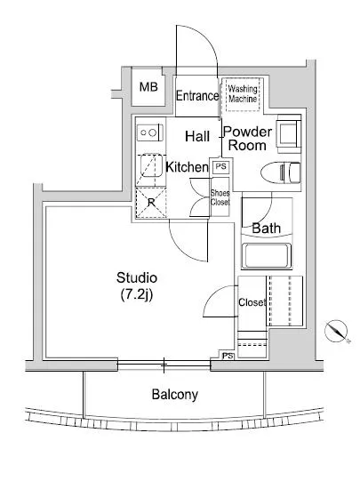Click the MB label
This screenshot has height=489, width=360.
pyautogui.click(x=148, y=87)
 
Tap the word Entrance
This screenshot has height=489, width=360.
pyautogui.click(x=197, y=96)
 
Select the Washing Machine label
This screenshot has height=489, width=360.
pyautogui.click(x=243, y=94)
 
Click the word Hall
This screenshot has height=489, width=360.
pyautogui.click(x=197, y=136)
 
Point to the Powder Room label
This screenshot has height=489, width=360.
pyautogui.click(x=247, y=139)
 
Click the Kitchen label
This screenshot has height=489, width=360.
pyautogui.click(x=187, y=167)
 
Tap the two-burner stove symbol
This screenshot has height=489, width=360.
pyautogui.click(x=150, y=132)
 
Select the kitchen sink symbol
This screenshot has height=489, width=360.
pyautogui.click(x=151, y=166)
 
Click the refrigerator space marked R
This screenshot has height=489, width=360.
pyautogui.click(x=151, y=203)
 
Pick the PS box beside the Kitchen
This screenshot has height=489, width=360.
pyautogui.click(x=221, y=167)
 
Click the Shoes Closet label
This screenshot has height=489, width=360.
pyautogui.click(x=220, y=197)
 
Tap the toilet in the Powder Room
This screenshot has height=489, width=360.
pyautogui.click(x=280, y=172)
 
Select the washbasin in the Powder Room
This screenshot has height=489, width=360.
pyautogui.click(x=289, y=133)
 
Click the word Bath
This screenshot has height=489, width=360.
pyautogui.click(x=266, y=228)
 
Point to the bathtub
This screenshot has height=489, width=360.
pyautogui.click(x=267, y=256)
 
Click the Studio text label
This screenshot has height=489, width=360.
pyautogui.click(x=137, y=277)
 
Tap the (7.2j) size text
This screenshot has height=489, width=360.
pyautogui.click(x=137, y=294)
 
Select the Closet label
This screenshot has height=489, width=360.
pyautogui.click(x=252, y=302)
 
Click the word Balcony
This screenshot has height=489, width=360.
pyautogui.click(x=174, y=395)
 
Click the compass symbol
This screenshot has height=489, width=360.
pyautogui.click(x=336, y=331)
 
